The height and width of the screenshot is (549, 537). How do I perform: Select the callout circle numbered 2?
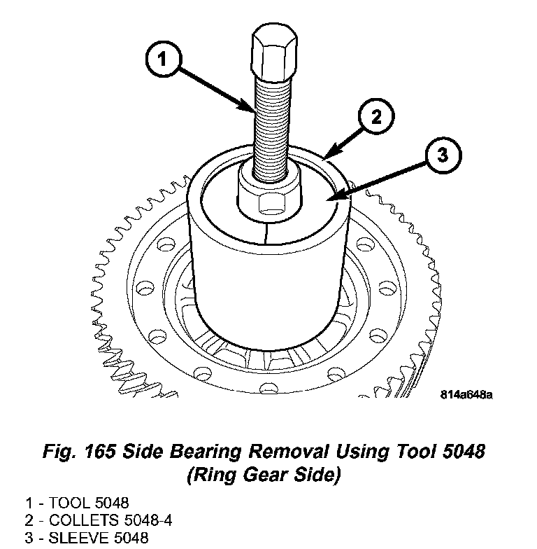pyautogui.click(x=375, y=117)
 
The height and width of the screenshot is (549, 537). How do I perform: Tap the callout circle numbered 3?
pyautogui.click(x=442, y=156)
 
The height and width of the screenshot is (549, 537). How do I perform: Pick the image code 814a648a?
pyautogui.click(x=466, y=394)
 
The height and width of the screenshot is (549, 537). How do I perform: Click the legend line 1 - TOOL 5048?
pyautogui.click(x=77, y=503)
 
